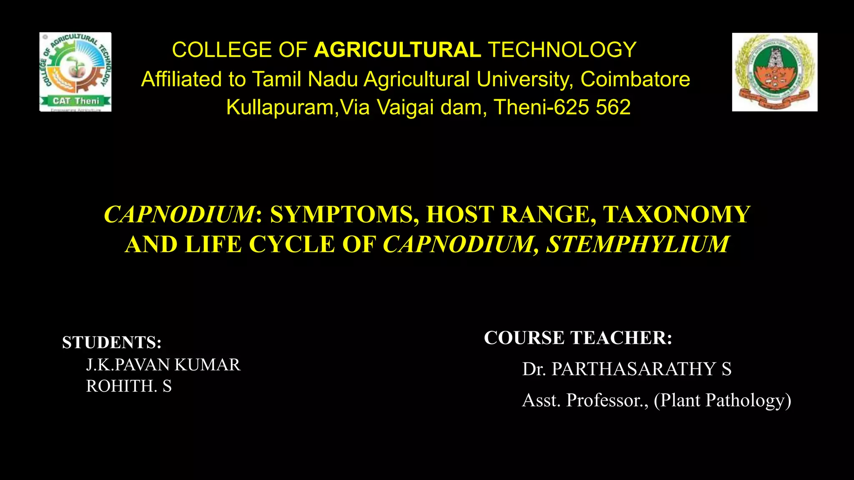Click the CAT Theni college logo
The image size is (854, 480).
coord(75,72)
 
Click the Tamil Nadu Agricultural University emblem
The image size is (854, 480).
coord(774,72)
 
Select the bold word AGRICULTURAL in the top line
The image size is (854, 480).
coord(397,50)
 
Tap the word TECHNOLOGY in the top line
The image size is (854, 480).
coord(562,50)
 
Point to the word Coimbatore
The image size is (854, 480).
coord(635,79)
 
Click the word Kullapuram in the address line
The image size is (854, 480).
coord(280,107)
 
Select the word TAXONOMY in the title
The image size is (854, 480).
coord(676,215)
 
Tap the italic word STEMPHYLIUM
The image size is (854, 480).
coord(638,244)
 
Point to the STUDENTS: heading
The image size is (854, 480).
coord(112,342)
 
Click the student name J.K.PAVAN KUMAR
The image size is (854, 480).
coord(163,365)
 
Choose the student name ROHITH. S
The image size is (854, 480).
coord(129,386)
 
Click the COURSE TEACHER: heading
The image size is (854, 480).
coord(578,338)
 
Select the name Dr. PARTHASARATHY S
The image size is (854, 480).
coord(627,369)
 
